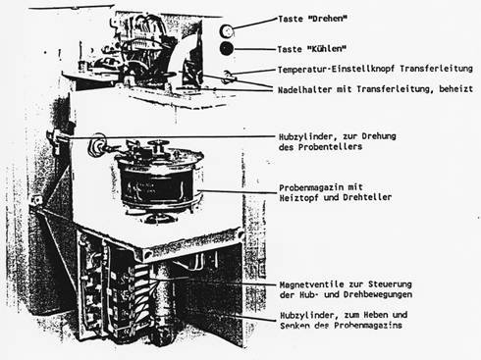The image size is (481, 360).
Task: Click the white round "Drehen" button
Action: [227, 31]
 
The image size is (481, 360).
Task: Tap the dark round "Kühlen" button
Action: [227, 49]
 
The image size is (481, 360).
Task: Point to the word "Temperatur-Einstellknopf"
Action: [337, 70]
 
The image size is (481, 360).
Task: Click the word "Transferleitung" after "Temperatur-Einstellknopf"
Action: [436, 69]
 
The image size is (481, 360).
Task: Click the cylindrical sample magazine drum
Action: [159, 180]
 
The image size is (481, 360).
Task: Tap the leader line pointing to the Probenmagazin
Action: [238, 191]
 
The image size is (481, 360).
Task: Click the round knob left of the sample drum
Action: [97, 145]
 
